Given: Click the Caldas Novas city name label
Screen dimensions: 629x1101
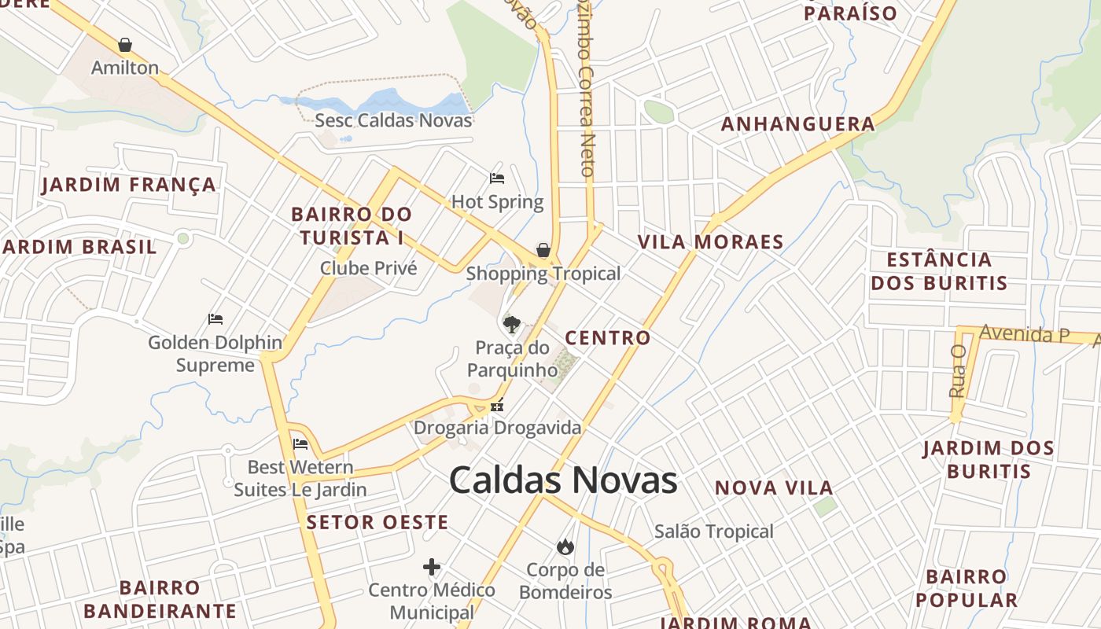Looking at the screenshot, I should pyautogui.click(x=563, y=480).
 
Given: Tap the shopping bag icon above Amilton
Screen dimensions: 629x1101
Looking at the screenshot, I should pyautogui.click(x=124, y=45).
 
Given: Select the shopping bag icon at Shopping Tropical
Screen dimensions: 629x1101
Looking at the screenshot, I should pyautogui.click(x=543, y=251).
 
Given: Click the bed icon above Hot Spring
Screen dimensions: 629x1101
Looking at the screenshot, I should pyautogui.click(x=496, y=178).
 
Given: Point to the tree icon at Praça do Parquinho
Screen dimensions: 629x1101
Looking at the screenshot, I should pyautogui.click(x=512, y=324).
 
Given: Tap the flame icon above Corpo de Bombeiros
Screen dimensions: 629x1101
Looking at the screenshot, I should pyautogui.click(x=565, y=546).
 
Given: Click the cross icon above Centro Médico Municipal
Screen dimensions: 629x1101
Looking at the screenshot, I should pyautogui.click(x=432, y=567).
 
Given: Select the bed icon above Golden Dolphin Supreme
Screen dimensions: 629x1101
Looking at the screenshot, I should pyautogui.click(x=215, y=319).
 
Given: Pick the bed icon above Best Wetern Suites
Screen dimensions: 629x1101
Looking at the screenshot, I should pyautogui.click(x=300, y=444).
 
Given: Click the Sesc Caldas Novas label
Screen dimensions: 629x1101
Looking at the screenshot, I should pyautogui.click(x=393, y=120).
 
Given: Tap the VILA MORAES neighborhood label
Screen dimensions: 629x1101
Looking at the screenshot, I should pyautogui.click(x=711, y=242).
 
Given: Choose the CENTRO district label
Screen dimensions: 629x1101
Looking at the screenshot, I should pyautogui.click(x=608, y=338).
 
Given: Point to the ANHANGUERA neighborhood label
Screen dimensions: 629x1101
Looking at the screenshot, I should pyautogui.click(x=797, y=124).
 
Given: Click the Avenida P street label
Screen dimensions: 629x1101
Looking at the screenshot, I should pyautogui.click(x=1024, y=334).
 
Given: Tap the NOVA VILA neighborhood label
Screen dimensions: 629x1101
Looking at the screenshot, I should pyautogui.click(x=774, y=488).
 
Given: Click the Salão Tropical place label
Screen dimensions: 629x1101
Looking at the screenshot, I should pyautogui.click(x=714, y=532).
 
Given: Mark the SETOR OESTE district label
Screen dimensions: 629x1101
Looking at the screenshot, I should pyautogui.click(x=377, y=523).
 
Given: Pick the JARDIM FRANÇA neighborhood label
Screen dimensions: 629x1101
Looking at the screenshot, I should pyautogui.click(x=129, y=186).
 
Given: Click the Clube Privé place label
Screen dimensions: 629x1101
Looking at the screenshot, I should pyautogui.click(x=368, y=268).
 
